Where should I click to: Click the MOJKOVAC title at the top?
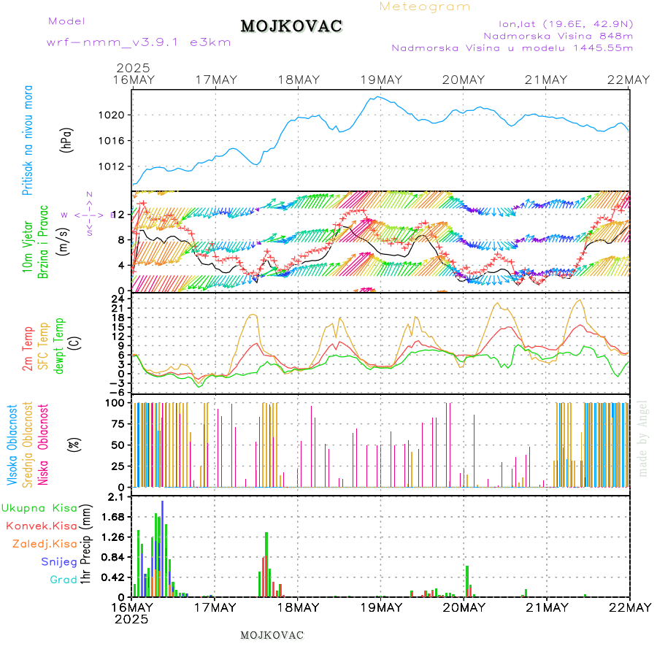pos(291,26)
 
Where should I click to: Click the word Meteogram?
pos(425,7)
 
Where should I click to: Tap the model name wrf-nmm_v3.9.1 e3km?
pos(139,42)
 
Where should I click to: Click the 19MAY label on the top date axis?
pos(380,80)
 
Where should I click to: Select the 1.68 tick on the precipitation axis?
pos(113,518)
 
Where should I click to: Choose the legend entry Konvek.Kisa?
pos(41,526)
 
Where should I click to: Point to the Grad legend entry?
pos(64,580)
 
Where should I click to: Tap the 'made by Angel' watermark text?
pos(643,438)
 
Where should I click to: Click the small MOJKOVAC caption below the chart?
pos(272,635)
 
